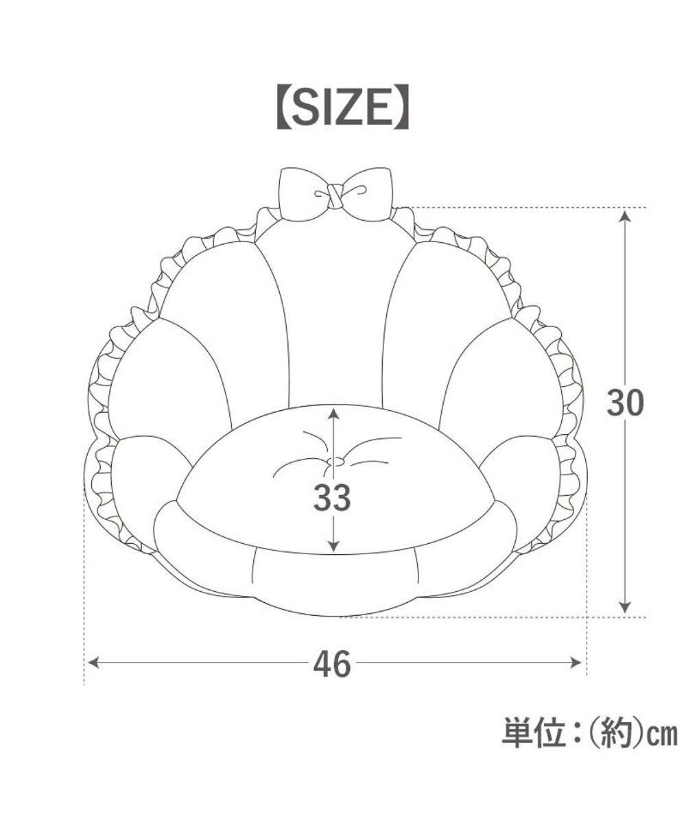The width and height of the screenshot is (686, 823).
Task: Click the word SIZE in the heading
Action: [x=342, y=106]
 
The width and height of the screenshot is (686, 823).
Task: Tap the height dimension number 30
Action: [x=625, y=403]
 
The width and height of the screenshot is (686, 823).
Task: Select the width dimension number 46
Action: [x=332, y=663]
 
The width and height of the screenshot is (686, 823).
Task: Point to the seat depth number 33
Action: [x=332, y=497]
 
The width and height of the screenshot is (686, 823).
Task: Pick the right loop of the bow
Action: [x=367, y=194]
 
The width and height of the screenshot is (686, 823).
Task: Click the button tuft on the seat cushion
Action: [x=335, y=462]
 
